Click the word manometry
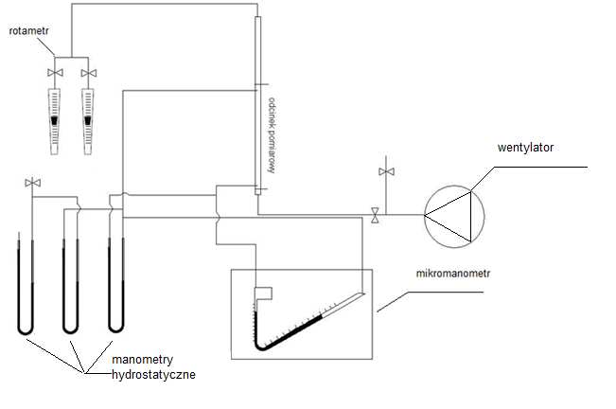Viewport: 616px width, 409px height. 142,361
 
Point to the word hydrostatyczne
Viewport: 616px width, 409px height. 153,375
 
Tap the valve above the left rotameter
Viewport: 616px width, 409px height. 56,72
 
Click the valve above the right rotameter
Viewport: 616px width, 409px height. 88,72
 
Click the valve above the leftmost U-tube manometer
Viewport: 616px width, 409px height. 33,182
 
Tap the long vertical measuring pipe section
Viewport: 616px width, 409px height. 257,104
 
